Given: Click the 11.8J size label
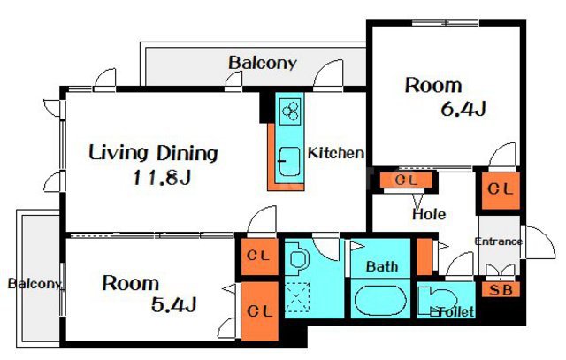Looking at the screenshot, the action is pyautogui.click(x=162, y=178).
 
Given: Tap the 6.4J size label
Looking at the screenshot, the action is pyautogui.click(x=463, y=109).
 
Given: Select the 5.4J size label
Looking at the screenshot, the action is pyautogui.click(x=173, y=305).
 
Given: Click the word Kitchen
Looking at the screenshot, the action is pyautogui.click(x=336, y=153).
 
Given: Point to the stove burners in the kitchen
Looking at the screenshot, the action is pyautogui.click(x=290, y=111).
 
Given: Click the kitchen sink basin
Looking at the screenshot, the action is pyautogui.click(x=290, y=161).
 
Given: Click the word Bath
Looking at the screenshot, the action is pyautogui.click(x=382, y=266).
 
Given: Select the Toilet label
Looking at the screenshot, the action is pyautogui.click(x=456, y=311).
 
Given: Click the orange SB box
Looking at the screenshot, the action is pyautogui.click(x=501, y=289).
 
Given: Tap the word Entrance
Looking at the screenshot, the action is pyautogui.click(x=498, y=241).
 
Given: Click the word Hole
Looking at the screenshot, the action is pyautogui.click(x=429, y=214).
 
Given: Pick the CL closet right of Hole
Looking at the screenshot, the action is pyautogui.click(x=501, y=190).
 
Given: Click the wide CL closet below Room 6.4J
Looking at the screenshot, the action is pyautogui.click(x=406, y=180).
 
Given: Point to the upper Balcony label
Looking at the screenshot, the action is pyautogui.click(x=263, y=63).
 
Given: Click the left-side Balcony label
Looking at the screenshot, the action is pyautogui.click(x=34, y=284).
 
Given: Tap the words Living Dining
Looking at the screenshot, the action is pyautogui.click(x=153, y=153).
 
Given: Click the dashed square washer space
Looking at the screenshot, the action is pyautogui.click(x=297, y=297).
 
